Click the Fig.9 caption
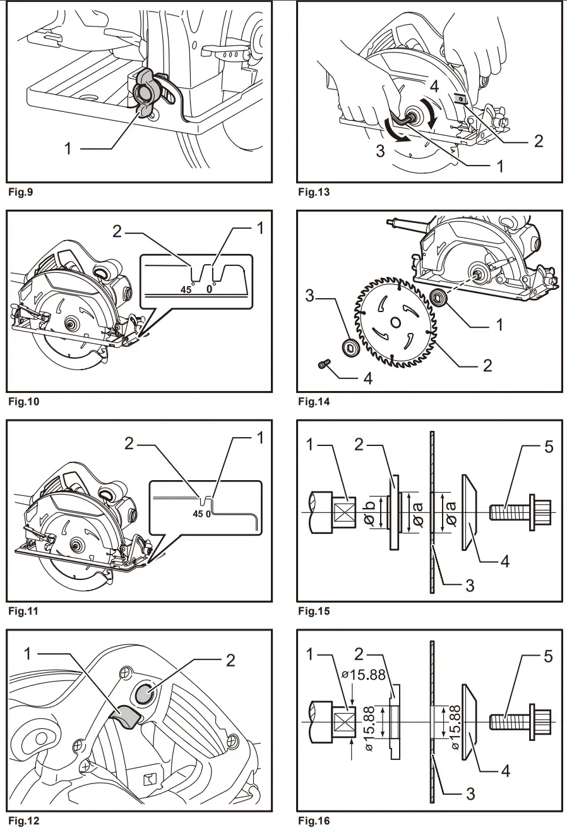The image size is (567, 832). tap(20, 192)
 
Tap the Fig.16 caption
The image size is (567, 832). tap(314, 821)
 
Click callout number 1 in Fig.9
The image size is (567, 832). tap(68, 148)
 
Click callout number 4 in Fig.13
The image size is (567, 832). tap(434, 85)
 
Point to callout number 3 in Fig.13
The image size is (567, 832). tap(380, 151)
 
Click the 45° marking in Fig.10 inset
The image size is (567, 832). tap(187, 290)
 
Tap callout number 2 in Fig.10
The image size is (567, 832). tap(117, 231)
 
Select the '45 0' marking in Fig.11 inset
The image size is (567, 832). tap(202, 514)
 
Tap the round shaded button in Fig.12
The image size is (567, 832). tap(143, 694)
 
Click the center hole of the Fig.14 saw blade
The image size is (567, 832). tap(395, 323)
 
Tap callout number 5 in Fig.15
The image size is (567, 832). tap(548, 447)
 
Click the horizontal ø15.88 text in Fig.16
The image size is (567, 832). tap(364, 674)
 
